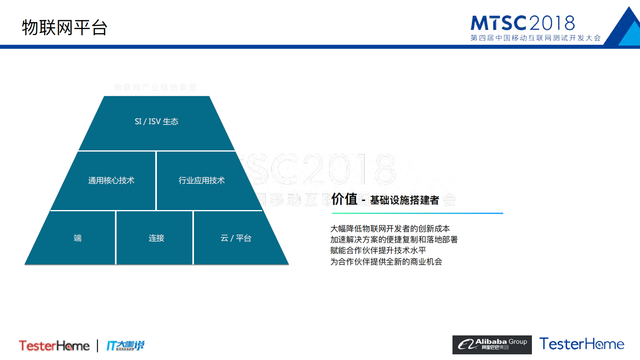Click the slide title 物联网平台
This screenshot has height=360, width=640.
(65, 27)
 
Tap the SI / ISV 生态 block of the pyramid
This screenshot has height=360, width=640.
(156, 122)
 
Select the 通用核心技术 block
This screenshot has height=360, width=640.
(111, 181)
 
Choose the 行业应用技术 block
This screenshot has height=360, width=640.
(202, 181)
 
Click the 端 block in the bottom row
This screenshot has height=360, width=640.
(77, 238)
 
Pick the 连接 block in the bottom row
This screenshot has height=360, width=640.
(156, 238)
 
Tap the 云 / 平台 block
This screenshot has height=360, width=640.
(236, 238)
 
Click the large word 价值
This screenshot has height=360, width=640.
(344, 199)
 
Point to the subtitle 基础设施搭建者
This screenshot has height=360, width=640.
(404, 200)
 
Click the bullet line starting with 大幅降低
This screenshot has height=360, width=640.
(390, 229)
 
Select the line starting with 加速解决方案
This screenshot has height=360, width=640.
(394, 239)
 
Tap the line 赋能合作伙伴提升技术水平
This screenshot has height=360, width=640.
(378, 250)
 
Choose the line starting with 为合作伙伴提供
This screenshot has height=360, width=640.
(386, 262)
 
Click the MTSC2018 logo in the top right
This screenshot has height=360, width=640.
(523, 23)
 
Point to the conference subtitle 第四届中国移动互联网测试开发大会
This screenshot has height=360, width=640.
(536, 38)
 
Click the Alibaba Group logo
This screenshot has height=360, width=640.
(492, 345)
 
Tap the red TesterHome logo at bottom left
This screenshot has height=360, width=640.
(54, 345)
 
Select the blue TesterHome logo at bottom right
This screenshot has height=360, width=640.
(582, 344)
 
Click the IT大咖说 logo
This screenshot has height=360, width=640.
(125, 345)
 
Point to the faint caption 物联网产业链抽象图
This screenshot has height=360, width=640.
(155, 87)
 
